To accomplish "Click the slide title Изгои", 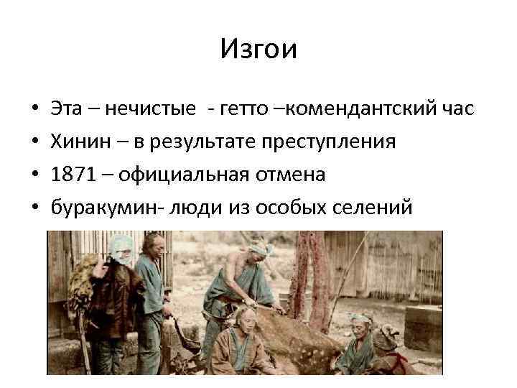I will pos(258,50).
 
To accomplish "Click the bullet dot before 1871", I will pos(35,175).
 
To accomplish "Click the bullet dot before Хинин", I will pos(35,142).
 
